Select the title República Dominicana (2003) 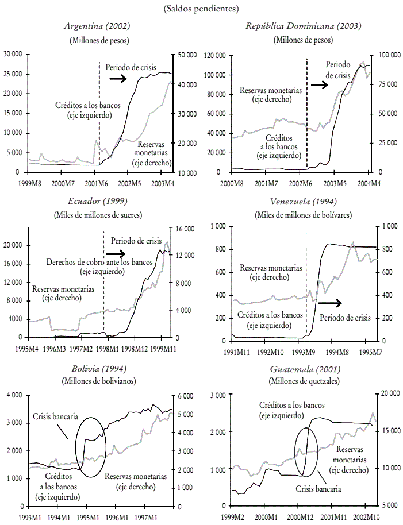click(304, 26)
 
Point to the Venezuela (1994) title click(304, 201)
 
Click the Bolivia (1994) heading click(99, 368)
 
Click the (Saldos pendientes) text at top click(201, 8)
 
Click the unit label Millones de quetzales click(304, 381)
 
